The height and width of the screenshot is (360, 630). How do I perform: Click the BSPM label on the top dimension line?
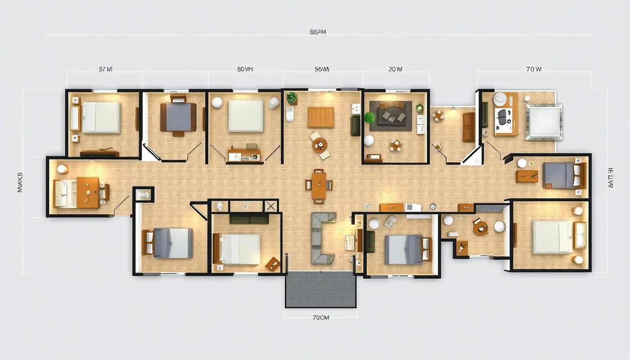318,32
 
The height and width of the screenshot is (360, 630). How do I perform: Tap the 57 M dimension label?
105,69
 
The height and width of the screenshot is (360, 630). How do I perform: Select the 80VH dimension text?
245,69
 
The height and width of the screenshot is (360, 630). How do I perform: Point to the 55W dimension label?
322,69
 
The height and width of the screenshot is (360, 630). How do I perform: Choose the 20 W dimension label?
395,69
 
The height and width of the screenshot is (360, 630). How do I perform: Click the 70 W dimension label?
533,69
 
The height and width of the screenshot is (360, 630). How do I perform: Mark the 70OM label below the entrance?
321,317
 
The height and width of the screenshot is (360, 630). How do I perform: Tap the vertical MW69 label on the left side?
20,183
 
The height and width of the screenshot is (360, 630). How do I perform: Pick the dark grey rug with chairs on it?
390,116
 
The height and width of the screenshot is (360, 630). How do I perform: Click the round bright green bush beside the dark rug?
369,117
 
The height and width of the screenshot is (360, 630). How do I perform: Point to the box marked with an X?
270,206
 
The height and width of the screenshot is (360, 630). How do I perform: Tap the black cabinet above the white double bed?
249,218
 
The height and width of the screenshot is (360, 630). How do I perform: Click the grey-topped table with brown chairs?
178,117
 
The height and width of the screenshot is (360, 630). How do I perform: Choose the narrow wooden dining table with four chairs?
319,186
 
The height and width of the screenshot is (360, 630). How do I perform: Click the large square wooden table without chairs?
321,117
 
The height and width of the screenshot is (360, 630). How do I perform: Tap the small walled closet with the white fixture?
143,194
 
